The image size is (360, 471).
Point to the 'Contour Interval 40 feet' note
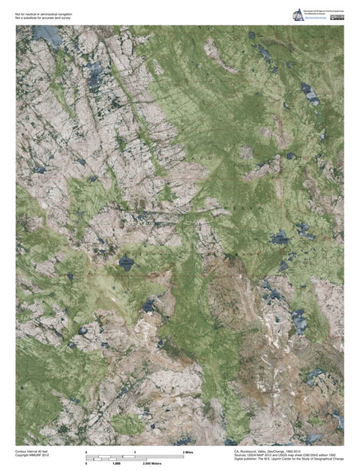click(32, 451)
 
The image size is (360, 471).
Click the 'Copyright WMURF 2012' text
click(31, 455)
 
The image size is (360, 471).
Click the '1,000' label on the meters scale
click(116, 464)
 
